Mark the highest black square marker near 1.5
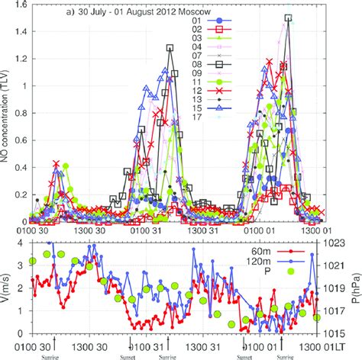coord(287,17)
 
